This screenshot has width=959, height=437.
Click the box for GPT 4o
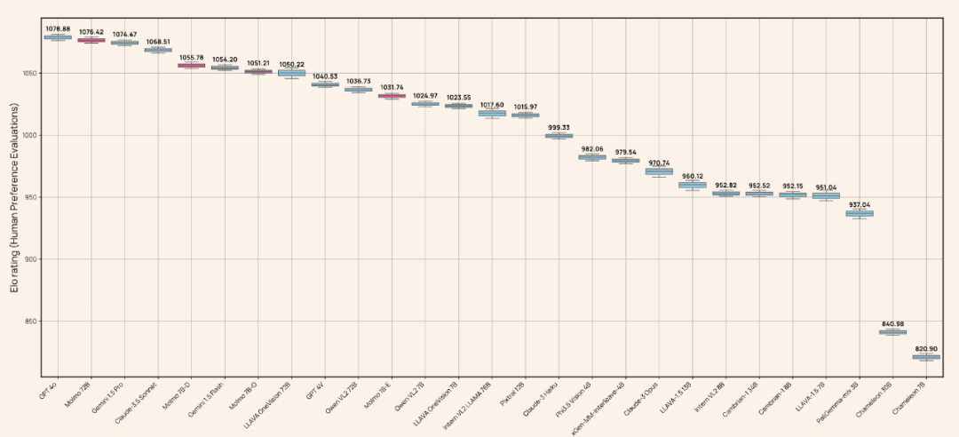click(58, 37)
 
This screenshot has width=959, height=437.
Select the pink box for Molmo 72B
click(91, 40)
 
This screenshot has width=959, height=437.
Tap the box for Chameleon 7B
click(926, 357)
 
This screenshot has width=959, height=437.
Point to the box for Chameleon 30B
click(892, 332)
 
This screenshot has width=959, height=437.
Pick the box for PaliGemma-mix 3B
click(859, 213)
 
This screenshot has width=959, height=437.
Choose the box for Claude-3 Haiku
click(559, 136)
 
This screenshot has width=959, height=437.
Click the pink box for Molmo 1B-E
click(392, 95)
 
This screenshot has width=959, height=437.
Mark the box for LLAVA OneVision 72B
click(291, 73)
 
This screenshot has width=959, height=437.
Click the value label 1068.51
click(158, 41)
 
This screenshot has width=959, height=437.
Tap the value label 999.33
click(559, 127)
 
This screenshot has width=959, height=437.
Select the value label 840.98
click(892, 323)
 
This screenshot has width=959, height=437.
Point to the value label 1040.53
click(325, 76)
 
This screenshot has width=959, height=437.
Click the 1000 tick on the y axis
click(29, 135)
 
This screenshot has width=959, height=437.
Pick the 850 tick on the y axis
click(31, 322)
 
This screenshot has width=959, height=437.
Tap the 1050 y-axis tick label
click(29, 73)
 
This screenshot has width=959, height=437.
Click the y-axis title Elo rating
click(13, 197)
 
